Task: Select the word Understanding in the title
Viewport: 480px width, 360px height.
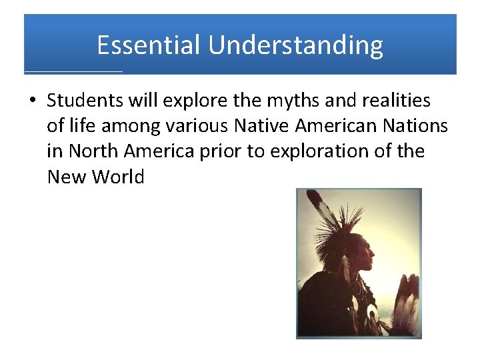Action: point(295,45)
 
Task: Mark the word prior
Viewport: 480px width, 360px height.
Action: point(221,151)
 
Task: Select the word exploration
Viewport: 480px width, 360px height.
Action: point(318,151)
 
